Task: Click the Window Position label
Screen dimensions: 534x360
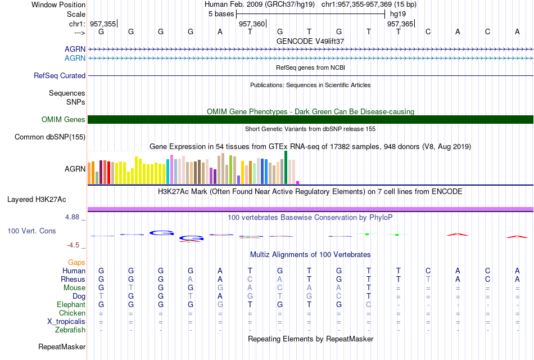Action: pyautogui.click(x=58, y=4)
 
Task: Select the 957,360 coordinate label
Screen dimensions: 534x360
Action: pyautogui.click(x=252, y=24)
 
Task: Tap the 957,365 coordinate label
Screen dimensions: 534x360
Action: pyautogui.click(x=400, y=24)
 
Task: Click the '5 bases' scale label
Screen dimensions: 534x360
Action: pyautogui.click(x=221, y=14)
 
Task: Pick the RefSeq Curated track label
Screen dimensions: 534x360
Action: pyautogui.click(x=60, y=76)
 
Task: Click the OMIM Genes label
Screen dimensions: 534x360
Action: pyautogui.click(x=64, y=119)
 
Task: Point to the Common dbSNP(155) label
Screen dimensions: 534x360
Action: pyautogui.click(x=50, y=137)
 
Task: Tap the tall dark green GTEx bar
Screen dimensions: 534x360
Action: pyautogui.click(x=286, y=168)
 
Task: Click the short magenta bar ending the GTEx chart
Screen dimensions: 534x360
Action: pyautogui.click(x=298, y=182)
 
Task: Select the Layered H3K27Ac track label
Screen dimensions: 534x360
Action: pyautogui.click(x=37, y=200)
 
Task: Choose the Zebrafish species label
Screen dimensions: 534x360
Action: pyautogui.click(x=70, y=330)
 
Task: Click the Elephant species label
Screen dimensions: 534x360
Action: pyautogui.click(x=71, y=304)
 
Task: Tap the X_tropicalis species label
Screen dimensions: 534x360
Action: pyautogui.click(x=66, y=322)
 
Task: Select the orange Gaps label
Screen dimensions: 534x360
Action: pyautogui.click(x=76, y=262)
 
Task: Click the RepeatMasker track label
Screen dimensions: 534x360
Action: pyautogui.click(x=62, y=346)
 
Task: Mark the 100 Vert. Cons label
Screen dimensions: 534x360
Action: pyautogui.click(x=31, y=231)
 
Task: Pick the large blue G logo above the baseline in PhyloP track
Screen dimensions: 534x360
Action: pyautogui.click(x=161, y=233)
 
